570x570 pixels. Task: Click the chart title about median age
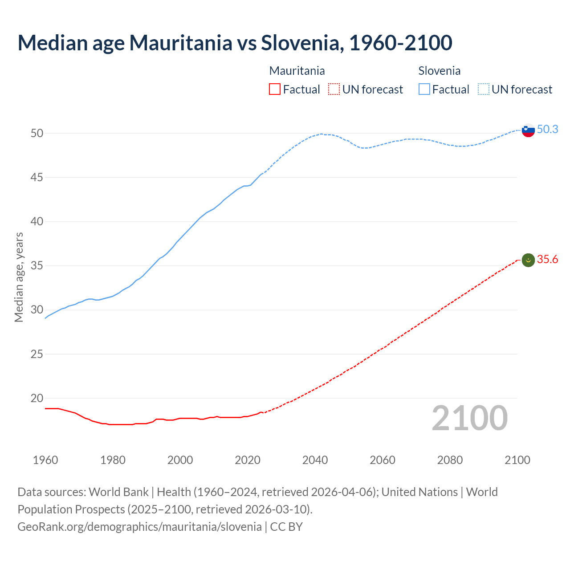pyautogui.click(x=235, y=43)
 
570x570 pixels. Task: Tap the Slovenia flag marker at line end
pyautogui.click(x=528, y=130)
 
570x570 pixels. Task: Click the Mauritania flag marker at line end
pyautogui.click(x=528, y=260)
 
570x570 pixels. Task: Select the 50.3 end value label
pyautogui.click(x=547, y=129)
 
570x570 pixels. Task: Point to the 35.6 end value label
pyautogui.click(x=547, y=259)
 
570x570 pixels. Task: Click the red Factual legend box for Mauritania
pyautogui.click(x=275, y=90)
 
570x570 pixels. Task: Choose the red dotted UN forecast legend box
pyautogui.click(x=334, y=90)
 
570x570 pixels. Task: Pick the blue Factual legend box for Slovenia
pyautogui.click(x=424, y=90)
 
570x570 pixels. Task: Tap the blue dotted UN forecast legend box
pyautogui.click(x=484, y=90)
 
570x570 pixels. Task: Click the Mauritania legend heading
pyautogui.click(x=297, y=71)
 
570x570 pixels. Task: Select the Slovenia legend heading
pyautogui.click(x=439, y=71)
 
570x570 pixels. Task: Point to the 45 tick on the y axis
pyautogui.click(x=37, y=177)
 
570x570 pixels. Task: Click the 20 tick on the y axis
pyautogui.click(x=37, y=398)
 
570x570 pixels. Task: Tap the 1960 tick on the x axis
pyautogui.click(x=45, y=460)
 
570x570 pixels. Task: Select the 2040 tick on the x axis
pyautogui.click(x=315, y=460)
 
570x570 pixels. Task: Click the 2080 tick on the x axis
pyautogui.click(x=450, y=460)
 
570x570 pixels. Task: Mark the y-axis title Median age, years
pyautogui.click(x=19, y=277)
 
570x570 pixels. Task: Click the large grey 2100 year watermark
pyautogui.click(x=469, y=418)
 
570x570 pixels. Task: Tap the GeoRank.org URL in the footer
pyautogui.click(x=139, y=527)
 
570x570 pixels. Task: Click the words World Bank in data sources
pyautogui.click(x=118, y=492)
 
